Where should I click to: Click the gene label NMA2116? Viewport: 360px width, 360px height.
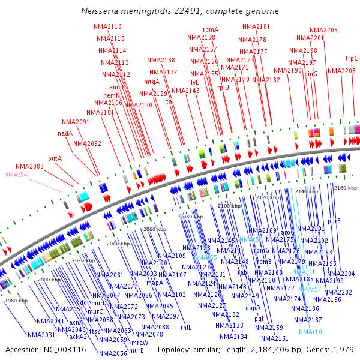(x=107, y=26)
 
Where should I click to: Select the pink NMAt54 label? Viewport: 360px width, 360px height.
(x=16, y=175)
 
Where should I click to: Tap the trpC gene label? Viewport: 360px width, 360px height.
(x=352, y=58)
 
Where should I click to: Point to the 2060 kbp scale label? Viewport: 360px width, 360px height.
(x=154, y=230)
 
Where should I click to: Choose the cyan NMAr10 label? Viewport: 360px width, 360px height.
(x=310, y=332)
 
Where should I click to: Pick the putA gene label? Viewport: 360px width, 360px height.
(x=55, y=158)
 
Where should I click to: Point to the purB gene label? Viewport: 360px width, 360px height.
(x=334, y=221)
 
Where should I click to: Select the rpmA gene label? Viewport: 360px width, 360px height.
(x=211, y=29)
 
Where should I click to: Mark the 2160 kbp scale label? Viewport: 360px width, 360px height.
(x=345, y=188)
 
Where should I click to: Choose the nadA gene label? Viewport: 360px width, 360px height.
(x=65, y=133)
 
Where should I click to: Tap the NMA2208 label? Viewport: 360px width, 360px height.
(x=341, y=71)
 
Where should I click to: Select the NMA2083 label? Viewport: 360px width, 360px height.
(x=30, y=166)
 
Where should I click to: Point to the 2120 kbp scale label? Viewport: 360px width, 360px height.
(x=266, y=197)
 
